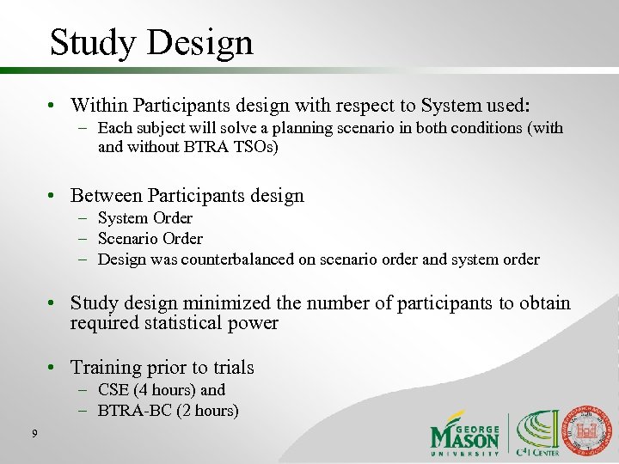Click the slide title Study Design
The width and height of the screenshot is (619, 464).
pyautogui.click(x=151, y=42)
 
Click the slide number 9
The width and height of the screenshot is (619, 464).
pyautogui.click(x=34, y=433)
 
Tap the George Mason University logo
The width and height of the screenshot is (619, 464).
pyautogui.click(x=465, y=434)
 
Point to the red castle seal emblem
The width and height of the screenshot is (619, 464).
pyautogui.click(x=591, y=429)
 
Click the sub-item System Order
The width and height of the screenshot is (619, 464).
pyautogui.click(x=144, y=218)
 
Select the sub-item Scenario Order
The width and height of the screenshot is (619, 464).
pyautogui.click(x=150, y=239)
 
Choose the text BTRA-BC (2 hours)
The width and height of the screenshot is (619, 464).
pyautogui.click(x=168, y=411)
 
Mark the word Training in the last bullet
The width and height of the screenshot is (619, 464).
pyautogui.click(x=104, y=368)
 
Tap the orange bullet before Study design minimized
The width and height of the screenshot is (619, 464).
pyautogui.click(x=52, y=304)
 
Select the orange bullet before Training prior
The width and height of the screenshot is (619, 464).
pyautogui.click(x=52, y=369)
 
